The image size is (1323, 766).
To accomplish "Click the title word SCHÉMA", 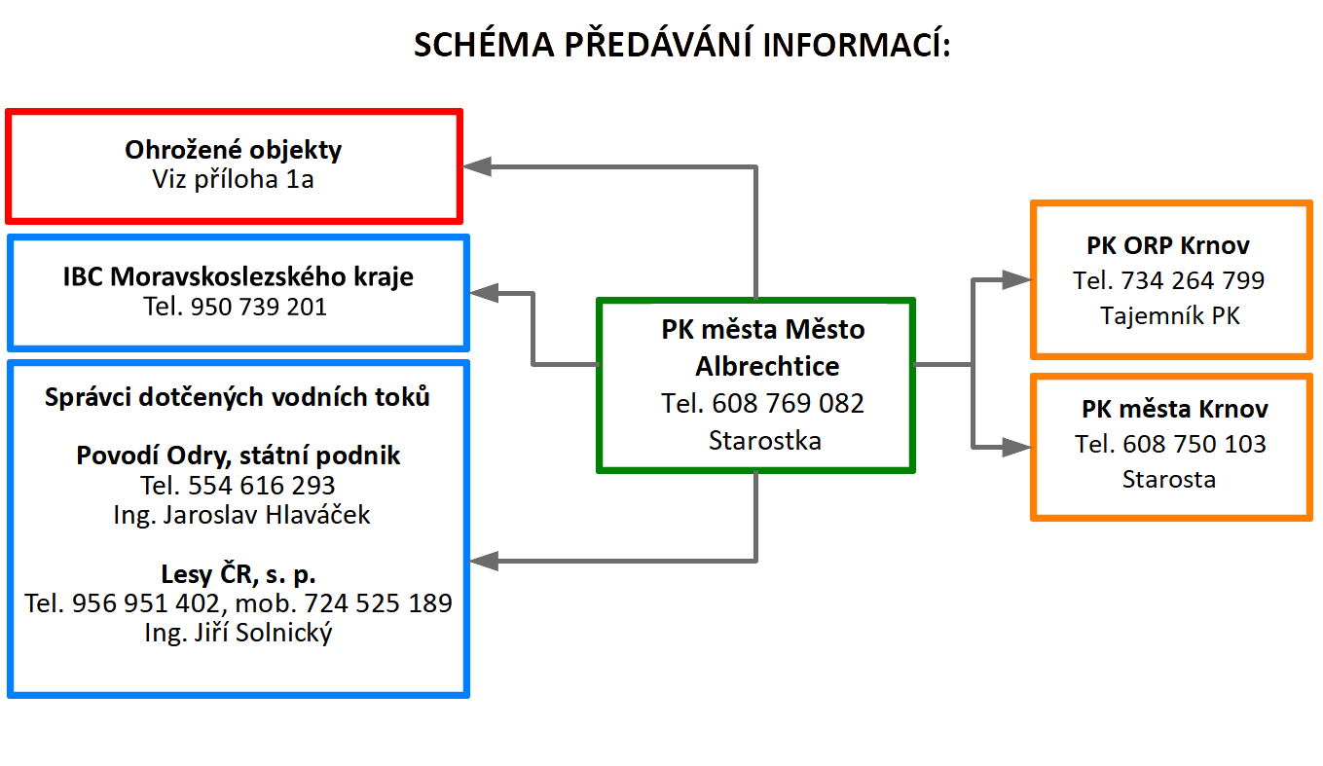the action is [x=484, y=44].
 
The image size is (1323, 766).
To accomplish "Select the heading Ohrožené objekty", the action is [x=234, y=150].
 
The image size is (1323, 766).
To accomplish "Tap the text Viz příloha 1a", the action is [x=234, y=179].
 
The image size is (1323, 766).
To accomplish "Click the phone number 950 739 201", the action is [x=258, y=307].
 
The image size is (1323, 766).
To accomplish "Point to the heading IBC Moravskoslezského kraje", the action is [x=238, y=276].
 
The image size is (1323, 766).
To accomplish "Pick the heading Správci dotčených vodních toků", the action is [x=238, y=397].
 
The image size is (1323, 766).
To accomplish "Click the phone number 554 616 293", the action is [x=262, y=486].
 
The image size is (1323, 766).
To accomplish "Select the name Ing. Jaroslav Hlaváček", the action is [x=241, y=515].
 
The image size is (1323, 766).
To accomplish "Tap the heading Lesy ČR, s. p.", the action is [x=238, y=574].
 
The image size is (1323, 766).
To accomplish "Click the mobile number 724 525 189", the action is [x=378, y=603].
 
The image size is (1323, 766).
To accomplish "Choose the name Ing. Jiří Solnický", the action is [x=238, y=633].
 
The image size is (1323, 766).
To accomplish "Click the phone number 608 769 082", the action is [x=788, y=403].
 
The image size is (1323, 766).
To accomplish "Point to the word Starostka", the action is [x=765, y=441].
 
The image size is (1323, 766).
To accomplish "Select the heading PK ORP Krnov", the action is [x=1168, y=245].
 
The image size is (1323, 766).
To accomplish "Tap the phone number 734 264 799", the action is [x=1193, y=280].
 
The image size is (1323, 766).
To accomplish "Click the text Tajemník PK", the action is [x=1170, y=316].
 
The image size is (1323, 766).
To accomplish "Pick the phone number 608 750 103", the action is [x=1194, y=444].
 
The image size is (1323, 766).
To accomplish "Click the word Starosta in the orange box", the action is [x=1169, y=479].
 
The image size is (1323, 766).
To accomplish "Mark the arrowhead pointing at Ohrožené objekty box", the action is [x=477, y=167].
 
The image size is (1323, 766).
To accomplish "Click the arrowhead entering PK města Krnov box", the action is [x=1017, y=447].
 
